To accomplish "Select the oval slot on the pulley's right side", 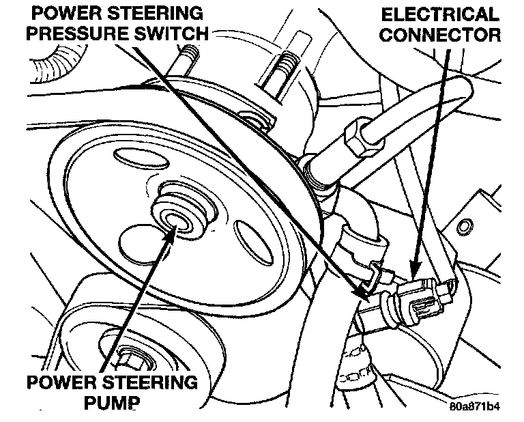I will coord(248,236).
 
